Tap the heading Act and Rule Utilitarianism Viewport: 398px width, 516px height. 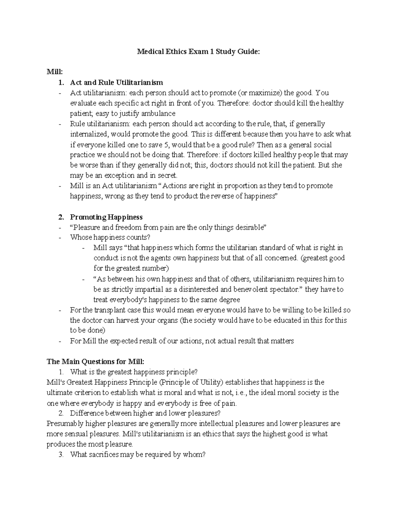click(116, 82)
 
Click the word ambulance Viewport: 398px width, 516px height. click(156, 113)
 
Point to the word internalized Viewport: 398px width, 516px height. click(89, 134)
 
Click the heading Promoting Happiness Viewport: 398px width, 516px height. click(106, 217)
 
